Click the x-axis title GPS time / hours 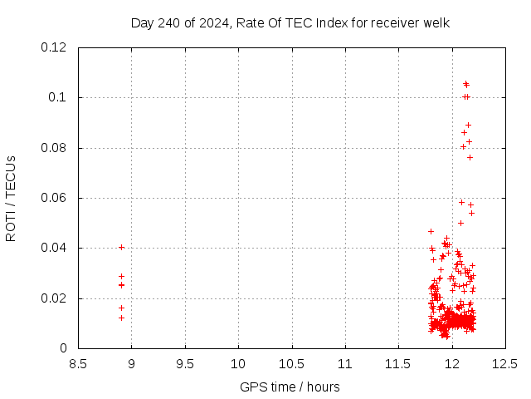click(290, 387)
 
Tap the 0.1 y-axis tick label click(58, 97)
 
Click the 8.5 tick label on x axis click(78, 363)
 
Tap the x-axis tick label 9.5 click(185, 363)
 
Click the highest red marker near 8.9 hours click(121, 247)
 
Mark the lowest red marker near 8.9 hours click(121, 318)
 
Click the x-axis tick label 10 click(238, 363)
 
